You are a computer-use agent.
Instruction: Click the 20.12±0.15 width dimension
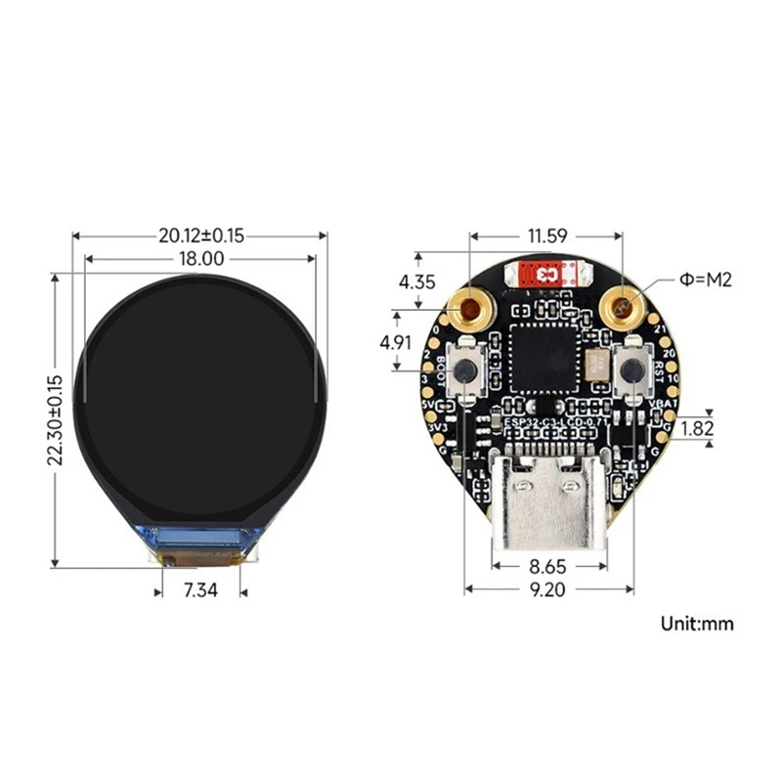pos(200,236)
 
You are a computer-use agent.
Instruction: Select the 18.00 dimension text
pos(200,259)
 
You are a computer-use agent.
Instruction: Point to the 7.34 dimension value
pos(200,591)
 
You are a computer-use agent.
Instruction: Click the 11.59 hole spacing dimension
pos(546,236)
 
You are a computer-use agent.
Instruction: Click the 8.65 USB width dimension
pos(547,565)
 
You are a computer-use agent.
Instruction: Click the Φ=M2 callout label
pos(706,281)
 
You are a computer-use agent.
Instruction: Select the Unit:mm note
pos(696,623)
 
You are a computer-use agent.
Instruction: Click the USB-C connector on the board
pos(547,501)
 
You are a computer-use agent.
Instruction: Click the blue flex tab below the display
pos(201,537)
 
